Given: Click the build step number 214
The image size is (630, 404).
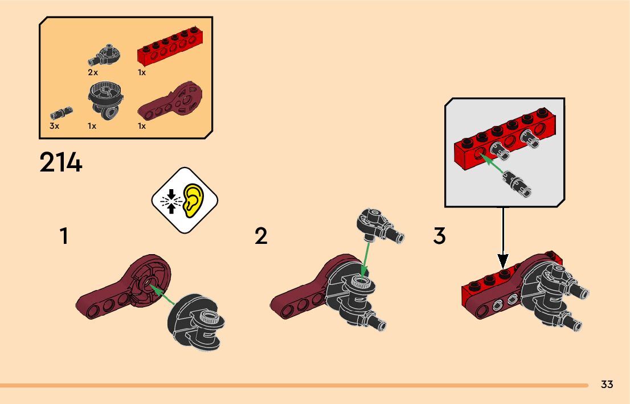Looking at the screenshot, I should click(61, 163).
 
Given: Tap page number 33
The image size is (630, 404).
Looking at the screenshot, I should click(607, 385).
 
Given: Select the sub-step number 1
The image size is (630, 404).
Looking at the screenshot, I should click(64, 236).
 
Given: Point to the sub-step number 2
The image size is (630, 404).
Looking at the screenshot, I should click(261, 236).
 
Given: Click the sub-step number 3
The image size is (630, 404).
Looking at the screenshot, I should click(439, 236).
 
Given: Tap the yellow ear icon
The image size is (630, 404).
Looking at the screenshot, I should click(194, 199).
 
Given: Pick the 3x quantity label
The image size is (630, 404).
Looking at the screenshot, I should click(54, 126).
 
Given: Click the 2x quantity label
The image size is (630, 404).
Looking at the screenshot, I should click(93, 73).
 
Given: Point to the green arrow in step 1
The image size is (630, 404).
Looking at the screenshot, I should click(165, 297).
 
